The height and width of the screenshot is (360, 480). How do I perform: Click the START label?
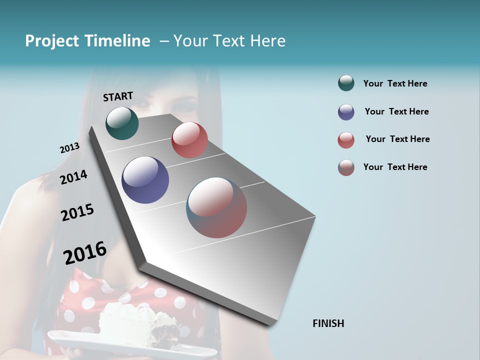(x=118, y=96)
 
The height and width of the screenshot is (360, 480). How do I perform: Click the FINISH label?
(x=328, y=323)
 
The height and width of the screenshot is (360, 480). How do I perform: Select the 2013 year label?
(x=69, y=148)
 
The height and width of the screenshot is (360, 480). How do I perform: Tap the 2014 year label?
(x=73, y=177)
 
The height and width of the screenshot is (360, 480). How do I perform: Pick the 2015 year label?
(x=77, y=212)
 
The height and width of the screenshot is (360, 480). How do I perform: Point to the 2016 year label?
(x=85, y=253)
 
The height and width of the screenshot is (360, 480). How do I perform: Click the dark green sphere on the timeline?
(x=122, y=123)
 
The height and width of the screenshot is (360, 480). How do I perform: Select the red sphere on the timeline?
(x=189, y=140)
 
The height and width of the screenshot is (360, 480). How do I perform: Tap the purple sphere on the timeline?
(x=145, y=180)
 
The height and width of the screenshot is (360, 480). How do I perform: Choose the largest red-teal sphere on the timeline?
(x=216, y=207)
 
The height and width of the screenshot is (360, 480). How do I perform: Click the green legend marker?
(x=346, y=83)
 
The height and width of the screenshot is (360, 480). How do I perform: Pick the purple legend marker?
(x=346, y=112)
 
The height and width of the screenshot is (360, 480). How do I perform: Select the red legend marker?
(x=346, y=140)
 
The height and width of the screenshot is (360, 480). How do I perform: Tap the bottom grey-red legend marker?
(x=346, y=167)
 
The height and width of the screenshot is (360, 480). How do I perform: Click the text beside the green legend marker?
(x=395, y=84)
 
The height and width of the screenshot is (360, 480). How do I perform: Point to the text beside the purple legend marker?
(x=396, y=111)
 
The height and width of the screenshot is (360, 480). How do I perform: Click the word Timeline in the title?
(x=118, y=41)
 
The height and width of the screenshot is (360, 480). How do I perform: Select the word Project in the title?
(x=52, y=41)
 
